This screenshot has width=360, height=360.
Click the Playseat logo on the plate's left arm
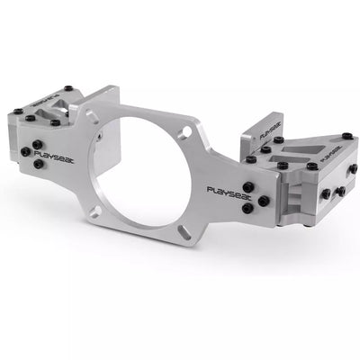54,157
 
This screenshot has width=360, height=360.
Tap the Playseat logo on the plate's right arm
229,192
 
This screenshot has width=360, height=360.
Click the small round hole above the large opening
186,131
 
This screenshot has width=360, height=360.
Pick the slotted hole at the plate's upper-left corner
93,117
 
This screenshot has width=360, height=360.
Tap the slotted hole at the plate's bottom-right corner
184,232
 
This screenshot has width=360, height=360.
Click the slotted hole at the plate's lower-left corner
95,211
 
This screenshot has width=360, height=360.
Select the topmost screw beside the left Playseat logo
37,145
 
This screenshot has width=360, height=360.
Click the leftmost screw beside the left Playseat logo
26,150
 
